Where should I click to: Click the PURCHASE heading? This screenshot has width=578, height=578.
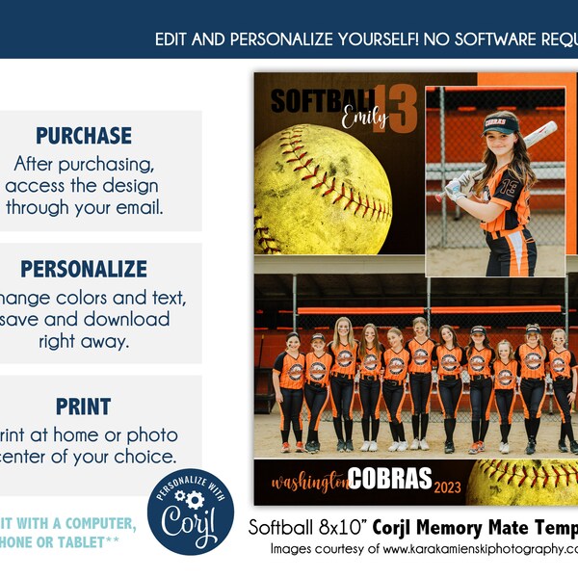[84, 136]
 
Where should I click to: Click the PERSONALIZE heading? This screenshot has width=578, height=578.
[84, 269]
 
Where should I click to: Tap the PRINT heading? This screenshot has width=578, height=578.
[84, 407]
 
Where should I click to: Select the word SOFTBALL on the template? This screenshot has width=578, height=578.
[322, 100]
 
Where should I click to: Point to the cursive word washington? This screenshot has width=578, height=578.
[308, 482]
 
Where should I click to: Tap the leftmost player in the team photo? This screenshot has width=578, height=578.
[292, 390]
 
